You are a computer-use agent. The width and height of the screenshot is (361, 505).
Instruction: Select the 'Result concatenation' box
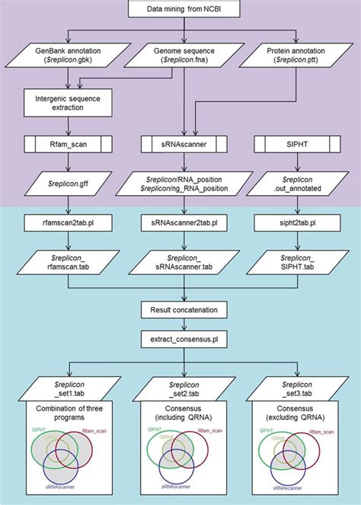(x=180, y=310)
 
